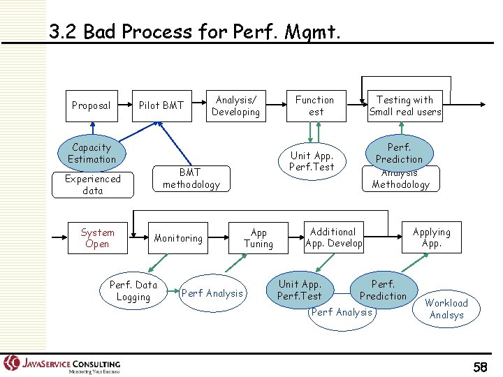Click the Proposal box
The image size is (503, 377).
[x=91, y=106]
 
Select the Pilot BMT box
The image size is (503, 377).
[x=161, y=106]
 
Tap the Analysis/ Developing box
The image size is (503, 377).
[x=235, y=106]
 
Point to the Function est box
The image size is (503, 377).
[x=315, y=106]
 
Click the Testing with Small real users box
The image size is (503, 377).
[x=404, y=106]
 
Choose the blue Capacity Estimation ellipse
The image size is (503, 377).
[x=92, y=154]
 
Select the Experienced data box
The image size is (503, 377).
[x=92, y=185]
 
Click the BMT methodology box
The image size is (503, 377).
[x=191, y=179]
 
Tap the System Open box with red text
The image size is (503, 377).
[x=97, y=238]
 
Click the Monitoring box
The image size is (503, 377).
[x=178, y=238]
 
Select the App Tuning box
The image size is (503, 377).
[x=258, y=238]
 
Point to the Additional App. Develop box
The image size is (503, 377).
[x=333, y=238]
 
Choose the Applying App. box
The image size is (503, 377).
[x=431, y=238]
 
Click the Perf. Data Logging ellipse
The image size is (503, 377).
[x=133, y=290]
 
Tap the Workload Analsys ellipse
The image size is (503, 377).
[x=446, y=309]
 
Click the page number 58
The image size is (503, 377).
[x=480, y=366]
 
